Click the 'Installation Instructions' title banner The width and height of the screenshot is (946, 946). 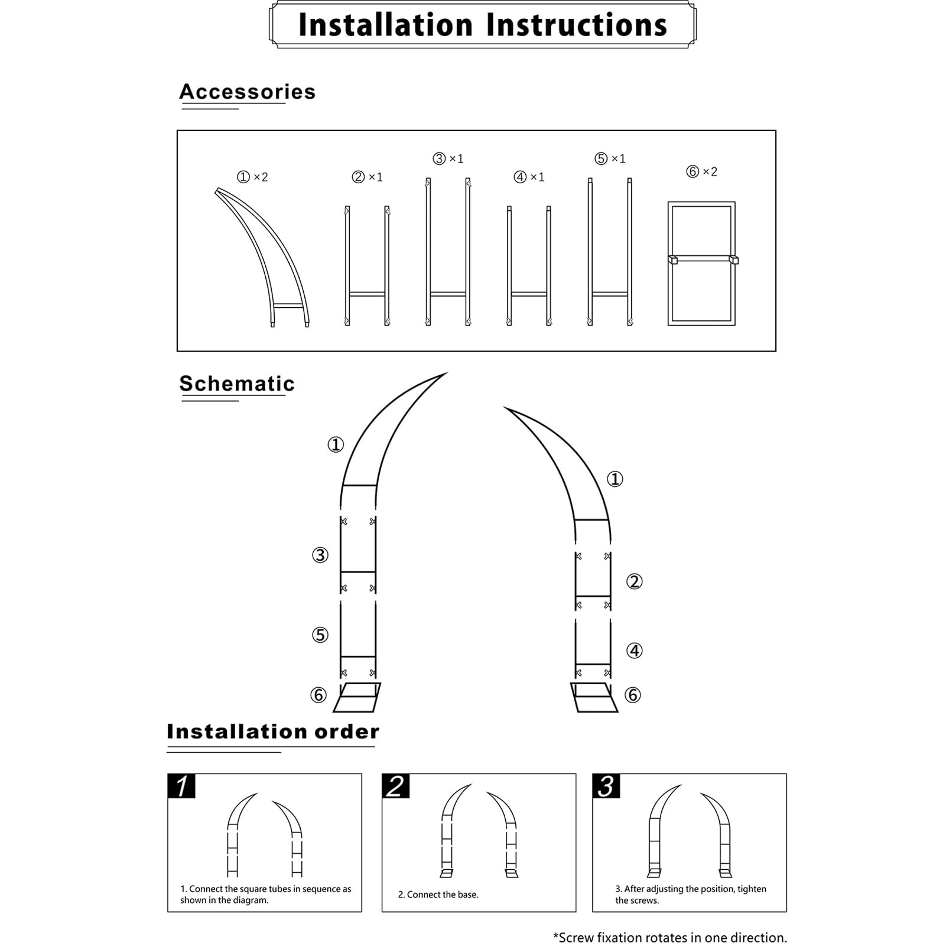pos(482,25)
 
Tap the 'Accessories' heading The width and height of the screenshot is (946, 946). pos(247,92)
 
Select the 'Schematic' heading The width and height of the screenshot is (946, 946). pos(237,384)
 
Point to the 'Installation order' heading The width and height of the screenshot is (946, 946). pos(273,732)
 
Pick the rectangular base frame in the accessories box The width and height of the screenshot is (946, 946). pos(701,263)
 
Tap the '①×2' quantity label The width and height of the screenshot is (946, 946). pos(252,177)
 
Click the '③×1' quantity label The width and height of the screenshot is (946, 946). pos(448,158)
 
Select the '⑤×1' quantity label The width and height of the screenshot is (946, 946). pos(610,158)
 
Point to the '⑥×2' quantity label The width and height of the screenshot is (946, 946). pos(701,171)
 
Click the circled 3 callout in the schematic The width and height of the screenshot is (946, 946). pos(320,555)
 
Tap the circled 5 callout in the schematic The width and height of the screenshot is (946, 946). pos(320,635)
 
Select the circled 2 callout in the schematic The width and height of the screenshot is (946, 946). pos(634,581)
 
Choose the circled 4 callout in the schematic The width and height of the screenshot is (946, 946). pos(634,651)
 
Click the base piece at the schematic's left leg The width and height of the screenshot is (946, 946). pos(357,697)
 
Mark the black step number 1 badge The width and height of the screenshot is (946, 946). pos(181,786)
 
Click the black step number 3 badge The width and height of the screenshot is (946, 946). pos(606,786)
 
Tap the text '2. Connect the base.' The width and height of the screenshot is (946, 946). pos(438,895)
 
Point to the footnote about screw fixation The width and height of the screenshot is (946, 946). pos(669,937)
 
